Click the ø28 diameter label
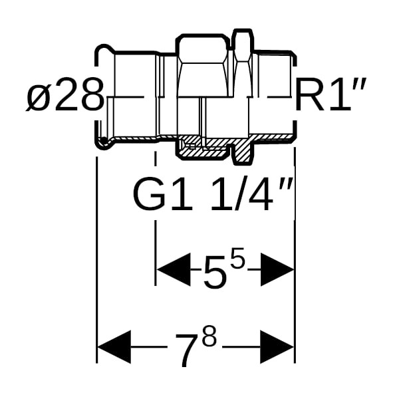65,94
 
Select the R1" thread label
330,94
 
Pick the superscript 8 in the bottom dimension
208,336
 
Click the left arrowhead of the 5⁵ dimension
174,269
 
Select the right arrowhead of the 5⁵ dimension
277,269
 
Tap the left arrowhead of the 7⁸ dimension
114,347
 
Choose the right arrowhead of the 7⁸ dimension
277,347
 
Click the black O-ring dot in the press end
104,140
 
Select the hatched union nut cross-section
202,149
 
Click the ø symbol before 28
37,98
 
